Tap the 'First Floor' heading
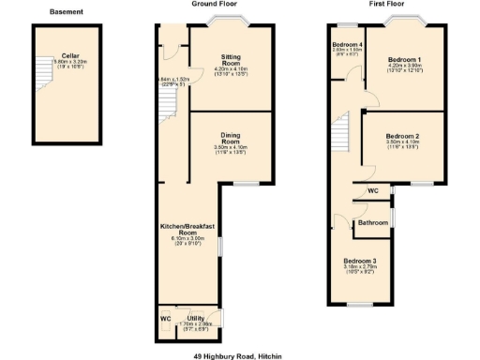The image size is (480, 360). pos(385,4)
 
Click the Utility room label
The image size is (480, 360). pos(195,318)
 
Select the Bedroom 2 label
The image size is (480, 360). pos(402,136)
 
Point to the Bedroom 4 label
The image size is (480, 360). pos(347,44)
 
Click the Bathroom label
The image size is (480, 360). pos(372,222)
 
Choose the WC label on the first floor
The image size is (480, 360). pos(372,190)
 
